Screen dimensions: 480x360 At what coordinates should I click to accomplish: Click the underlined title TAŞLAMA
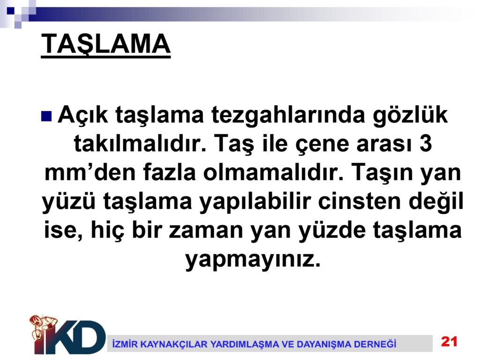point(105,45)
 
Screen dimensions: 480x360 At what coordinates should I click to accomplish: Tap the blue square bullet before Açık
point(46,116)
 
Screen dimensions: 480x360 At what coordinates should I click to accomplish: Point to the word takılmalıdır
point(140,143)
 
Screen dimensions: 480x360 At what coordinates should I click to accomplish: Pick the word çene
point(322,144)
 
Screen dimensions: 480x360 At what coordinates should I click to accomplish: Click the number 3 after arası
point(426,143)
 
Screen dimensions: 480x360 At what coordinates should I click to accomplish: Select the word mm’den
point(90,172)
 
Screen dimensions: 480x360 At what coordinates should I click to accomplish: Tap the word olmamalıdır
point(273,172)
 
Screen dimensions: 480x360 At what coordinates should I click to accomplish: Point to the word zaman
point(206,231)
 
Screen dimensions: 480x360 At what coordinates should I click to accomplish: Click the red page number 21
point(449,341)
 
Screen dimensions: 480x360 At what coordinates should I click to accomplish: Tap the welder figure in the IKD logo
point(43,330)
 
